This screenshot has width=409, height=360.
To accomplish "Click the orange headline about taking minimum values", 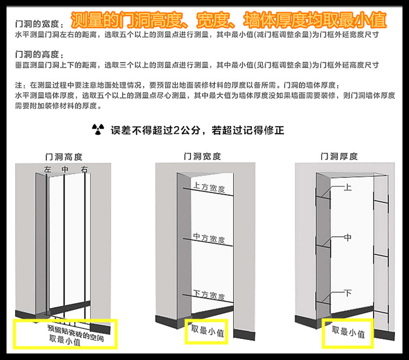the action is tap(230, 20).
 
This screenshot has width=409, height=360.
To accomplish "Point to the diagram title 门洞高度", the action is tap(65, 157).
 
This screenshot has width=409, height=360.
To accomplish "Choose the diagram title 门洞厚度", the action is tap(339, 157).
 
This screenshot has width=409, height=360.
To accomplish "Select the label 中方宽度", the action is tap(209, 238).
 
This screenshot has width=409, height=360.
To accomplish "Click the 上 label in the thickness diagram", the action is tap(348, 187).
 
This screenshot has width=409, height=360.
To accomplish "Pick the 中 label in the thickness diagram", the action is tap(348, 238).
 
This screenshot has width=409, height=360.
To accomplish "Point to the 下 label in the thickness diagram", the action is tap(348, 293).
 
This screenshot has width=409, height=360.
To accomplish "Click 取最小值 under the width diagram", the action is tap(206, 329).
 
